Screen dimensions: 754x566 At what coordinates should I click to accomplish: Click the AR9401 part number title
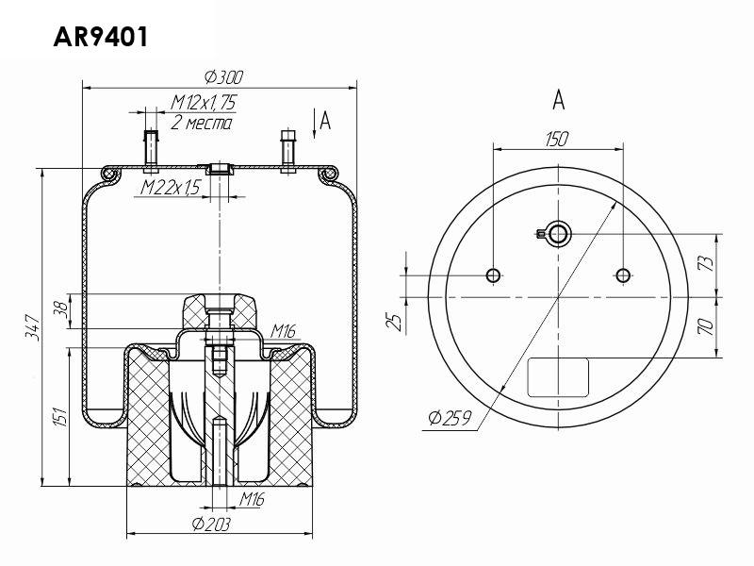pyautogui.click(x=101, y=37)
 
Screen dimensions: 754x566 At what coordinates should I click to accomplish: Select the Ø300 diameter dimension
pyautogui.click(x=223, y=77)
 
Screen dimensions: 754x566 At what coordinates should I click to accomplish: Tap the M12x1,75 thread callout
pyautogui.click(x=204, y=102)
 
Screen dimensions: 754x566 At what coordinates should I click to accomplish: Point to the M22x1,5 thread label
pyautogui.click(x=170, y=187)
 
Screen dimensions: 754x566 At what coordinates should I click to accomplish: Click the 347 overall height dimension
pyautogui.click(x=33, y=327)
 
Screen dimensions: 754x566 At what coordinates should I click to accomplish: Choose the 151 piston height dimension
pyautogui.click(x=61, y=416)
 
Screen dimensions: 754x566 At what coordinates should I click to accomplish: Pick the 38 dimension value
pyautogui.click(x=61, y=309)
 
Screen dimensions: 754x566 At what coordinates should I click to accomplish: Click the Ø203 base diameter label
pyautogui.click(x=211, y=524)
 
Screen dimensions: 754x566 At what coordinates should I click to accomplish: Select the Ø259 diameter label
pyautogui.click(x=450, y=418)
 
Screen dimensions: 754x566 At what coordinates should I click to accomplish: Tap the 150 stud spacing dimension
pyautogui.click(x=556, y=139)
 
